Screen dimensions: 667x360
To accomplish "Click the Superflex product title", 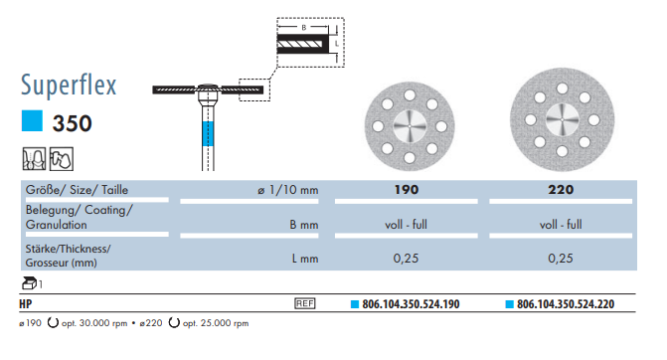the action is click(69, 86).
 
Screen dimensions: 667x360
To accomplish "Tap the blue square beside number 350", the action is click(32, 121).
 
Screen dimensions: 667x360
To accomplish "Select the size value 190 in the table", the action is click(407, 189).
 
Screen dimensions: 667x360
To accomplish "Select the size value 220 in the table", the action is click(561, 189).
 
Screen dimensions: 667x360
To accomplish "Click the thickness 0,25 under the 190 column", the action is click(406, 259).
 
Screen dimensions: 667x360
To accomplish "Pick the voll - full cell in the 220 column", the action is click(561, 225).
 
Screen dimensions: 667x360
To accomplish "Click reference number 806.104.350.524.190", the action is click(411, 304).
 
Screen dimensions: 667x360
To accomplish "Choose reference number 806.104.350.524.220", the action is click(566, 304).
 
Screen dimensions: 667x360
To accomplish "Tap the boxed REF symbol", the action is click(305, 303).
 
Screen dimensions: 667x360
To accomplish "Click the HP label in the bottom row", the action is click(26, 304).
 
